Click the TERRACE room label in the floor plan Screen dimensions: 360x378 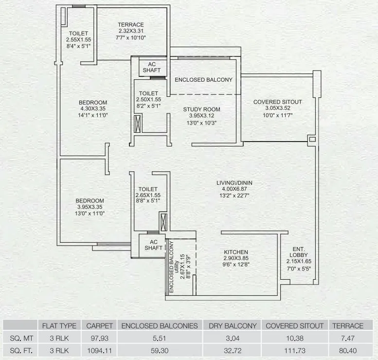point(130,25)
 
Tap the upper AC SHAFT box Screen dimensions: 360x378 point(151,68)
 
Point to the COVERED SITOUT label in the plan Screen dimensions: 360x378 point(277,102)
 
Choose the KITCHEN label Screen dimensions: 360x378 point(236,252)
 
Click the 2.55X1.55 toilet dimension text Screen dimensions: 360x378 point(79,39)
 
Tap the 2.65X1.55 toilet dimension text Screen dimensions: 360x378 point(148,195)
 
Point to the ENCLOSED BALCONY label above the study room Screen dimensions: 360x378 point(203,79)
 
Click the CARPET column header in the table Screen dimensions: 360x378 point(100,326)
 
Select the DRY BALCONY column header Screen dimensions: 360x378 point(232,326)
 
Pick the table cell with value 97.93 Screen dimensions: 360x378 point(100,337)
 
